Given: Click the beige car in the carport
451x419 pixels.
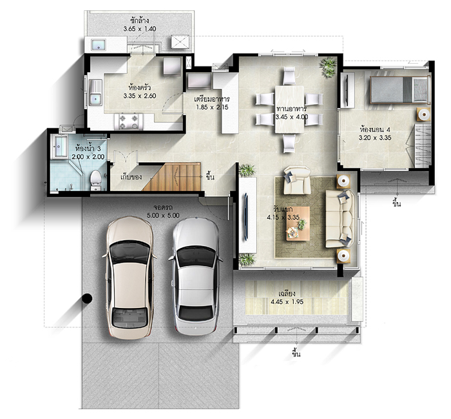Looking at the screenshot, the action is point(130,276).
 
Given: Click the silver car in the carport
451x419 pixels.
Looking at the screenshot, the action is point(196,276).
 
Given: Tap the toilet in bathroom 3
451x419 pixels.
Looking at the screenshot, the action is point(96,179).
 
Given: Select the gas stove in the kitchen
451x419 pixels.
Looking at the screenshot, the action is point(129,121).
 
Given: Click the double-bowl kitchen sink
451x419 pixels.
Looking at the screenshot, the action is point(95,92).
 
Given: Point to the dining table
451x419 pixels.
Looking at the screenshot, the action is point(289,109).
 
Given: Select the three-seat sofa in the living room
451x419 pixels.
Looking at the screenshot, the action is point(340,219).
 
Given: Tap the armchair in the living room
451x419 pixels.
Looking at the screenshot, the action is point(297,180).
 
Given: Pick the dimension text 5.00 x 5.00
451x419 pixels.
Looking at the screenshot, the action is point(163,215).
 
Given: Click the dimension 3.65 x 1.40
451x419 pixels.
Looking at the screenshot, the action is point(140,28).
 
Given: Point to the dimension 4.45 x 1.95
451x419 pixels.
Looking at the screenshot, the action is point(287,301).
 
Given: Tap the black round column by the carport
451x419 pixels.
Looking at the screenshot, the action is point(86,298).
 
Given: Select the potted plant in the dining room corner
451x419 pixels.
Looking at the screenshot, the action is point(328,67).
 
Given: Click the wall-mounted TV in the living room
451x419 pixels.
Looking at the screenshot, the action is point(246,216).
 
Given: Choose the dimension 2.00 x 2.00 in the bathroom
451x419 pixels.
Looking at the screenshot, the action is point(88,157).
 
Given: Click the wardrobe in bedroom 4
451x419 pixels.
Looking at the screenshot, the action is point(423,145).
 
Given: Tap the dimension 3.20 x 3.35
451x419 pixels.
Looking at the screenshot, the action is point(375,138).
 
